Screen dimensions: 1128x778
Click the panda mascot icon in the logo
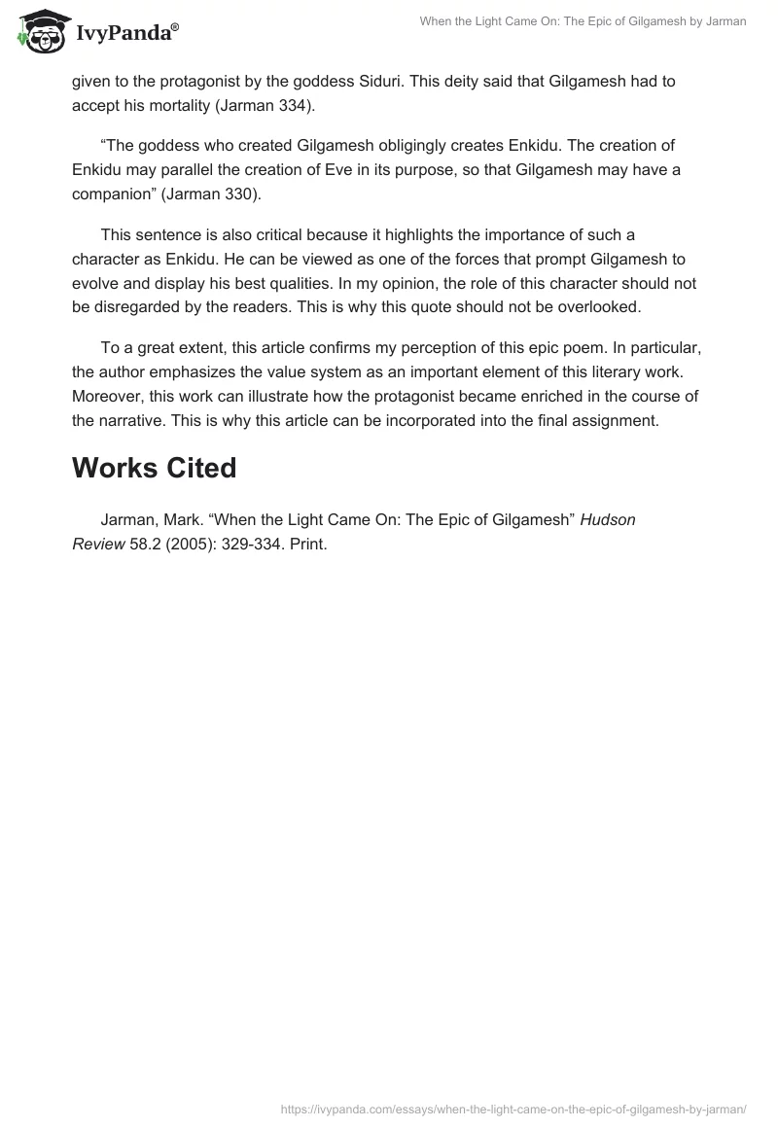[x=38, y=32]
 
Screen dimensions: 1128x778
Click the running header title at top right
[x=584, y=21]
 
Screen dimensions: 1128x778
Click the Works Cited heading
[x=154, y=468]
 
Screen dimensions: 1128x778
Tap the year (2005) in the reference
[x=193, y=546]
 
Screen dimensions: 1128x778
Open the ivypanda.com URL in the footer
[x=513, y=1108]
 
